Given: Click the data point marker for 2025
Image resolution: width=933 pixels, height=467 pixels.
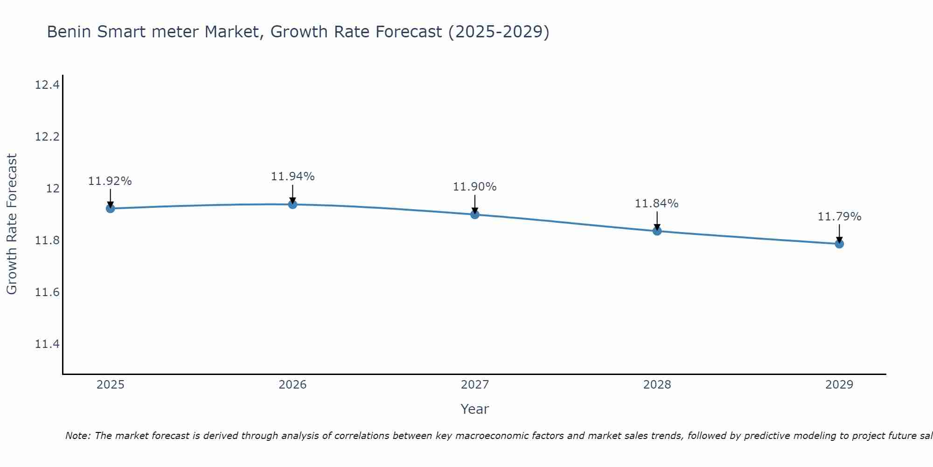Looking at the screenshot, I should pos(111,208).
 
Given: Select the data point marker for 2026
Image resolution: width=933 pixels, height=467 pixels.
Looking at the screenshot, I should pos(292,204).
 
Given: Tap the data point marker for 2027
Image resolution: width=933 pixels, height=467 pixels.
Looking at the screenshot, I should pos(475,214).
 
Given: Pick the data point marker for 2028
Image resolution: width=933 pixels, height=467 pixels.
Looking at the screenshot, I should pos(657,231).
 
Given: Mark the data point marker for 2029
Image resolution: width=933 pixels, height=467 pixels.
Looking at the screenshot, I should pos(839,244).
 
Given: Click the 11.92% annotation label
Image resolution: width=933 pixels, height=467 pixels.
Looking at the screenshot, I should pos(110,181).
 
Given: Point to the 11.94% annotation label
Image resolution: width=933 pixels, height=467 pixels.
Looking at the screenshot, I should pos(292,177).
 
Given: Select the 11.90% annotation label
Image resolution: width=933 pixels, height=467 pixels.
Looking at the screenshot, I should pos(475,187).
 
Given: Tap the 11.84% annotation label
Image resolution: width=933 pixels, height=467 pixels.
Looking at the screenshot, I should pos(657,204).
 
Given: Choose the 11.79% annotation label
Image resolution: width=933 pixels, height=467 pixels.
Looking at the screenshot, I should pos(839,217).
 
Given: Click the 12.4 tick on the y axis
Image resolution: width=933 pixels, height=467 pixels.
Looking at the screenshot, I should pos(47,85).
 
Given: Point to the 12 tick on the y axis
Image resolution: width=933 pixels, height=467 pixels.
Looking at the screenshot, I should pos(53,189).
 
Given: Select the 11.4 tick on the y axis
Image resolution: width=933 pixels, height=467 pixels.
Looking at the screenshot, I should pos(47,344).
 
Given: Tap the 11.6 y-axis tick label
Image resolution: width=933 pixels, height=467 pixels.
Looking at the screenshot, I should pos(47,292).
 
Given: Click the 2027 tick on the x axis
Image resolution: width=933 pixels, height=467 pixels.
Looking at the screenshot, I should pos(475,385).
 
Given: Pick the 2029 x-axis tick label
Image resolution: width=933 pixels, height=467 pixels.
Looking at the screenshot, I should pos(839,385).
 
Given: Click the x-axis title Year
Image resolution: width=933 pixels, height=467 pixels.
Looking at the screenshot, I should pos(475,409).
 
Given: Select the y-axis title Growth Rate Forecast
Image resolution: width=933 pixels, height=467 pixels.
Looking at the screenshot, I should pos(12,224).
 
